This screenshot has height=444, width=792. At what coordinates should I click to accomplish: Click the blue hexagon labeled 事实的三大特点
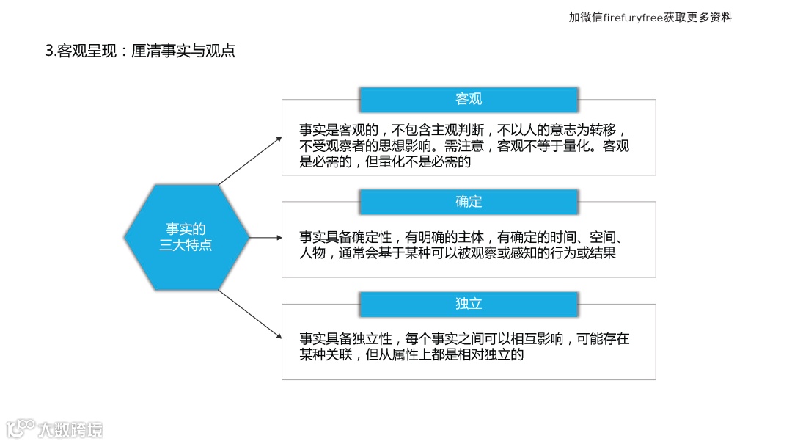(x=186, y=237)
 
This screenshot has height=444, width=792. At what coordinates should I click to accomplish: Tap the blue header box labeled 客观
(x=469, y=100)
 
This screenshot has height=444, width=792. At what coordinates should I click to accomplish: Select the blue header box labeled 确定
(x=469, y=202)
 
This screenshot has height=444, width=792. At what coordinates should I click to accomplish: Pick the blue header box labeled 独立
(x=469, y=304)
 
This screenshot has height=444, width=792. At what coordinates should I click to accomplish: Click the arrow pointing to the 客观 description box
(x=249, y=160)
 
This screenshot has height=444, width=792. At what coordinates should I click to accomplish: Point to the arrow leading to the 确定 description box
(x=265, y=237)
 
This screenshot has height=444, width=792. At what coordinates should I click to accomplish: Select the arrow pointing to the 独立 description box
(x=249, y=313)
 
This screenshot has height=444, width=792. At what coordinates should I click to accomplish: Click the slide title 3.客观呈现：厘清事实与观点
(x=140, y=51)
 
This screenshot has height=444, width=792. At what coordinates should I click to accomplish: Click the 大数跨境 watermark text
(x=70, y=429)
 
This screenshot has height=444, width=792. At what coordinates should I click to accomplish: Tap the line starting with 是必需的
(x=384, y=162)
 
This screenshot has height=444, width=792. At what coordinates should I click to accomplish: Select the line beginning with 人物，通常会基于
(x=458, y=254)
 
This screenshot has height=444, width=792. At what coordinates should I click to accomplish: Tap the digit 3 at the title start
(x=49, y=51)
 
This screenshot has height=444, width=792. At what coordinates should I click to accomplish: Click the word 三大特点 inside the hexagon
(x=186, y=245)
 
